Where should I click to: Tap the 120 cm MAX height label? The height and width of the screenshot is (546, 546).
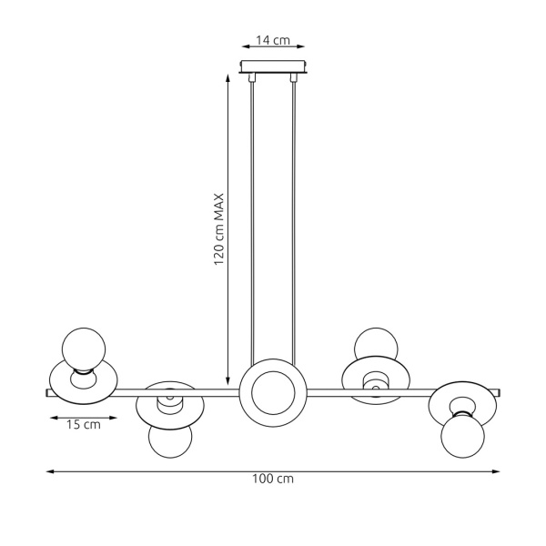pyautogui.click(x=218, y=227)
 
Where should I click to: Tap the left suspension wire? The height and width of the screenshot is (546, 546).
pyautogui.click(x=252, y=218)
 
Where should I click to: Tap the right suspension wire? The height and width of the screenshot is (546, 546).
pyautogui.click(x=293, y=218)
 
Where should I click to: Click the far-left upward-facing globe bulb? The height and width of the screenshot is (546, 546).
pyautogui.click(x=83, y=349)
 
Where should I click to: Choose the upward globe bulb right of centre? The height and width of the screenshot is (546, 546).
pyautogui.click(x=376, y=346)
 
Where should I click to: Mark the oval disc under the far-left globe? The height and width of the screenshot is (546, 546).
pyautogui.click(x=82, y=381)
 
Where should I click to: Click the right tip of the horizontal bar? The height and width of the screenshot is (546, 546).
pyautogui.click(x=500, y=393)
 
